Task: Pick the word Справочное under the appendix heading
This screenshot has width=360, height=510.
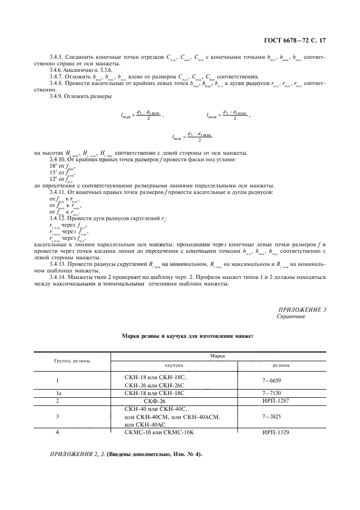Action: (x=291, y=317)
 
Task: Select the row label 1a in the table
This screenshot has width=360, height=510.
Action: (x=58, y=392)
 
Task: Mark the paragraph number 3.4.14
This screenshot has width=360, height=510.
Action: (x=58, y=278)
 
